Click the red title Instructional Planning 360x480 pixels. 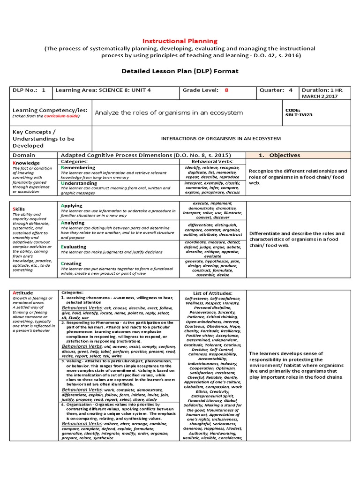click(x=180, y=41)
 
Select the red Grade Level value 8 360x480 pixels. click(x=226, y=90)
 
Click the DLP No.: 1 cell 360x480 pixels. click(x=29, y=90)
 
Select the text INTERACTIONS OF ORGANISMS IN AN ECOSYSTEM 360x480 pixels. click(x=221, y=139)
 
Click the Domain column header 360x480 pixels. click(x=24, y=155)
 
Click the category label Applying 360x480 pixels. click(x=71, y=205)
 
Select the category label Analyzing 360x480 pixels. click(x=73, y=223)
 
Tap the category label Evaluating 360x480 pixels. click(x=74, y=247)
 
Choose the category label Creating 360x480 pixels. click(x=71, y=263)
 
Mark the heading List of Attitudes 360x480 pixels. click(x=212, y=293)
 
